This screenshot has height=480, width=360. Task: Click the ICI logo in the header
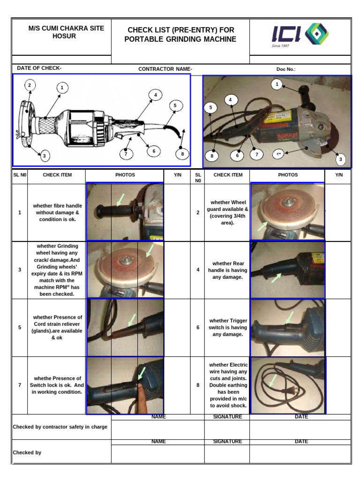pos(300,36)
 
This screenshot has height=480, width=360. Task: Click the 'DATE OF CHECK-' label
pos(39,68)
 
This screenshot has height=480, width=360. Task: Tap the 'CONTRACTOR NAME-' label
pos(165,69)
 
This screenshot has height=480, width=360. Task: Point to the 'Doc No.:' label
pos(286,69)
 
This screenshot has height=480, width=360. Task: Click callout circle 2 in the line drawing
pos(29,85)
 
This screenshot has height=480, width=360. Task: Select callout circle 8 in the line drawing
pos(182,153)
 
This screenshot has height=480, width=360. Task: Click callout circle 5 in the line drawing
pos(175,106)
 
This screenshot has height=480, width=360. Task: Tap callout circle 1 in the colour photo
pos(277,84)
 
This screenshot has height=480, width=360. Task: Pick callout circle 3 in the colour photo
pos(341,160)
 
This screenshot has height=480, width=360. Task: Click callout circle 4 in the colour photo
pos(230,100)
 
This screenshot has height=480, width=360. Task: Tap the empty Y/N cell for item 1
pos(177,212)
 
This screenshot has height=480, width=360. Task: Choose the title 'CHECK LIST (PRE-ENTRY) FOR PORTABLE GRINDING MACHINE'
pos(180,35)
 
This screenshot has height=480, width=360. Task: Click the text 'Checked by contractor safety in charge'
pos(60,427)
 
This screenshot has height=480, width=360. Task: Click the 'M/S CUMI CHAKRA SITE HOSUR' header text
pos(66,32)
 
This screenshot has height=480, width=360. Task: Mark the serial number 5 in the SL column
pos(20,327)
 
